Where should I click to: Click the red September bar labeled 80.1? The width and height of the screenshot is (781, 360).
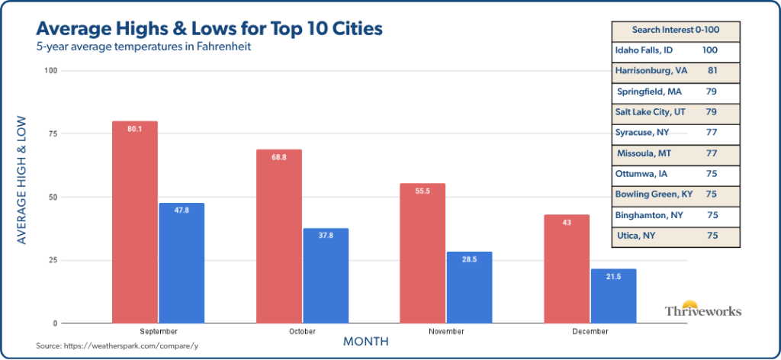tap(135, 221)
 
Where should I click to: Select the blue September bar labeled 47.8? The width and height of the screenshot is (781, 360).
tap(182, 262)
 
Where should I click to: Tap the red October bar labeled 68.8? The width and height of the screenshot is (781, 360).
tap(279, 236)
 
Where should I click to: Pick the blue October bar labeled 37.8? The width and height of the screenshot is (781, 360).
tap(326, 275)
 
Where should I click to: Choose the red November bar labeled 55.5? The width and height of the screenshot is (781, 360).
tap(423, 252)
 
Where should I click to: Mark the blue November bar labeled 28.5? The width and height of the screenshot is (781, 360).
tap(469, 287)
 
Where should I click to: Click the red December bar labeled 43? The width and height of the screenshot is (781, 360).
tap(567, 268)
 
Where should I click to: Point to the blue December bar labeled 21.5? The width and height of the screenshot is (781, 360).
tap(613, 295)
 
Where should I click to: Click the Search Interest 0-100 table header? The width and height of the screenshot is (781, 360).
tap(676, 31)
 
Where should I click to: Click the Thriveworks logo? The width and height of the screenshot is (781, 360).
tap(702, 309)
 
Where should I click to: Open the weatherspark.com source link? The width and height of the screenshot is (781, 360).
tap(118, 346)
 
